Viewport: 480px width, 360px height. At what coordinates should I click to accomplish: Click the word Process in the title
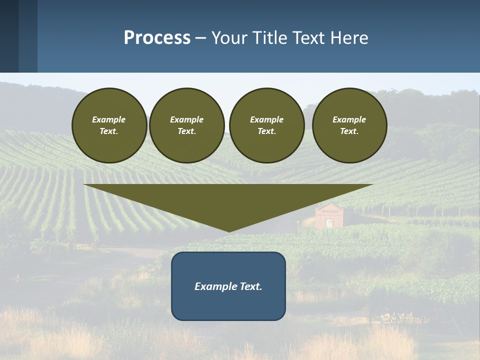click(157, 37)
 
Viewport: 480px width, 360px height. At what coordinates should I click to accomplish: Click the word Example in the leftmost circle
click(109, 119)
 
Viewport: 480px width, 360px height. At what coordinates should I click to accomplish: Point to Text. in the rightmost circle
click(349, 131)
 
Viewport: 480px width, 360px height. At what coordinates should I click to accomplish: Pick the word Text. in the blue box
click(251, 286)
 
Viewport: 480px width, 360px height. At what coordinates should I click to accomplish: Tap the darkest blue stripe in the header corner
click(9, 36)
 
